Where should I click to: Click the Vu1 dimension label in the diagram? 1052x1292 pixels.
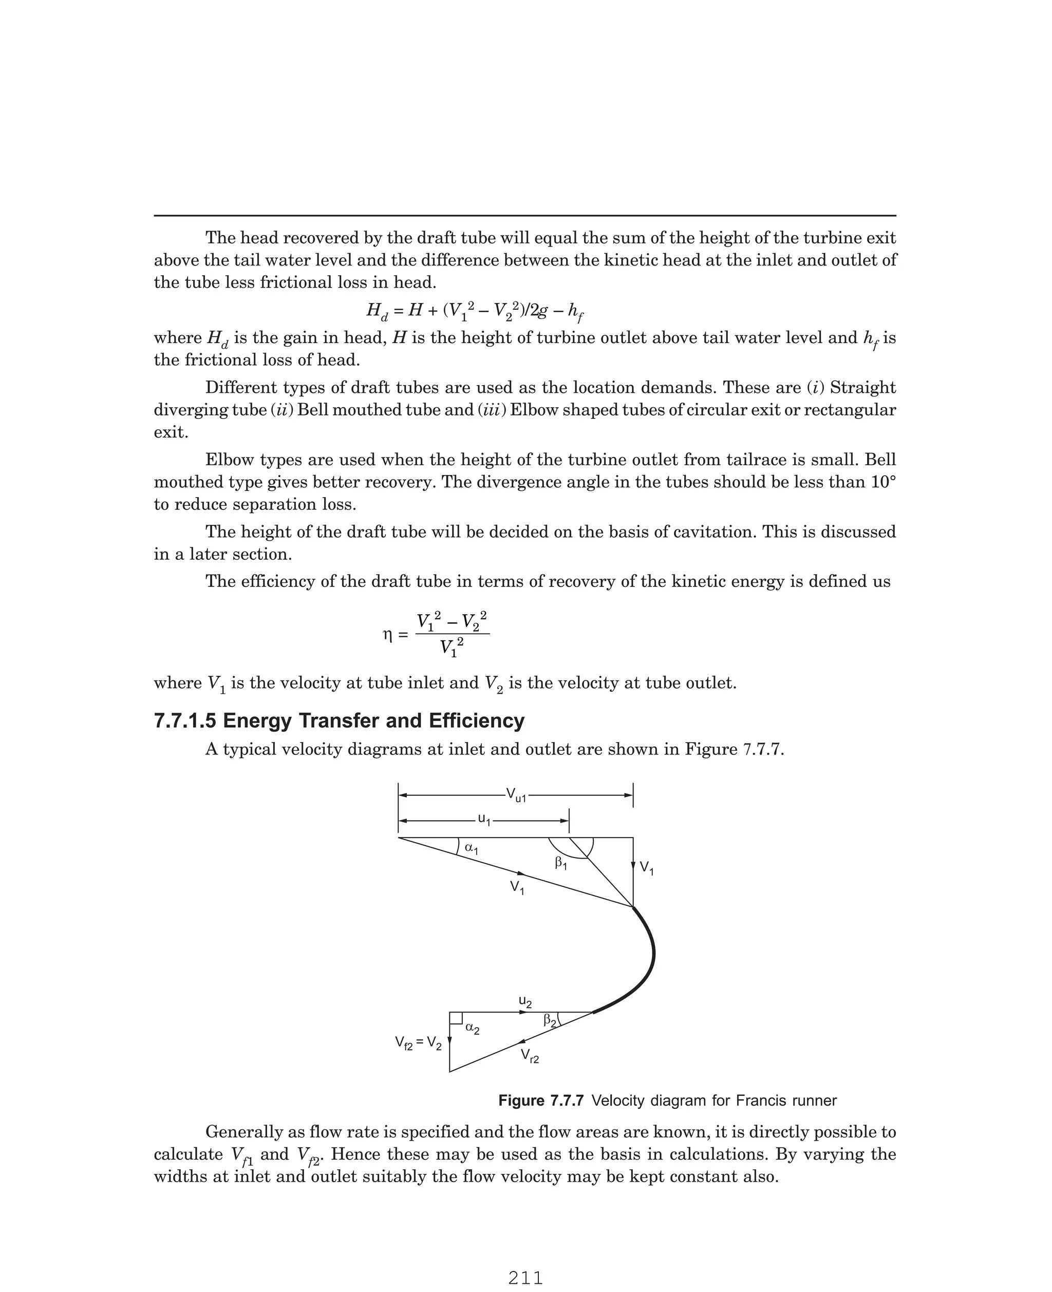516,795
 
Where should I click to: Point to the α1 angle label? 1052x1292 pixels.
471,849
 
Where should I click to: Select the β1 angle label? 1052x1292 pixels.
561,863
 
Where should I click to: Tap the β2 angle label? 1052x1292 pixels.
550,1021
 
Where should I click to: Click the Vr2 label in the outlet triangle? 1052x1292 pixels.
530,1056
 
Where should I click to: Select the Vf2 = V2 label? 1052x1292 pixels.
418,1042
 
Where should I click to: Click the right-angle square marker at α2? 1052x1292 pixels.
456,1018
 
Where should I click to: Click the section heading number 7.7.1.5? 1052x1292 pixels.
185,721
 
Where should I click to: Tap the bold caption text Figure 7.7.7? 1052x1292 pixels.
540,1100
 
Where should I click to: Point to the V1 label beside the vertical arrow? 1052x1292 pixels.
647,868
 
